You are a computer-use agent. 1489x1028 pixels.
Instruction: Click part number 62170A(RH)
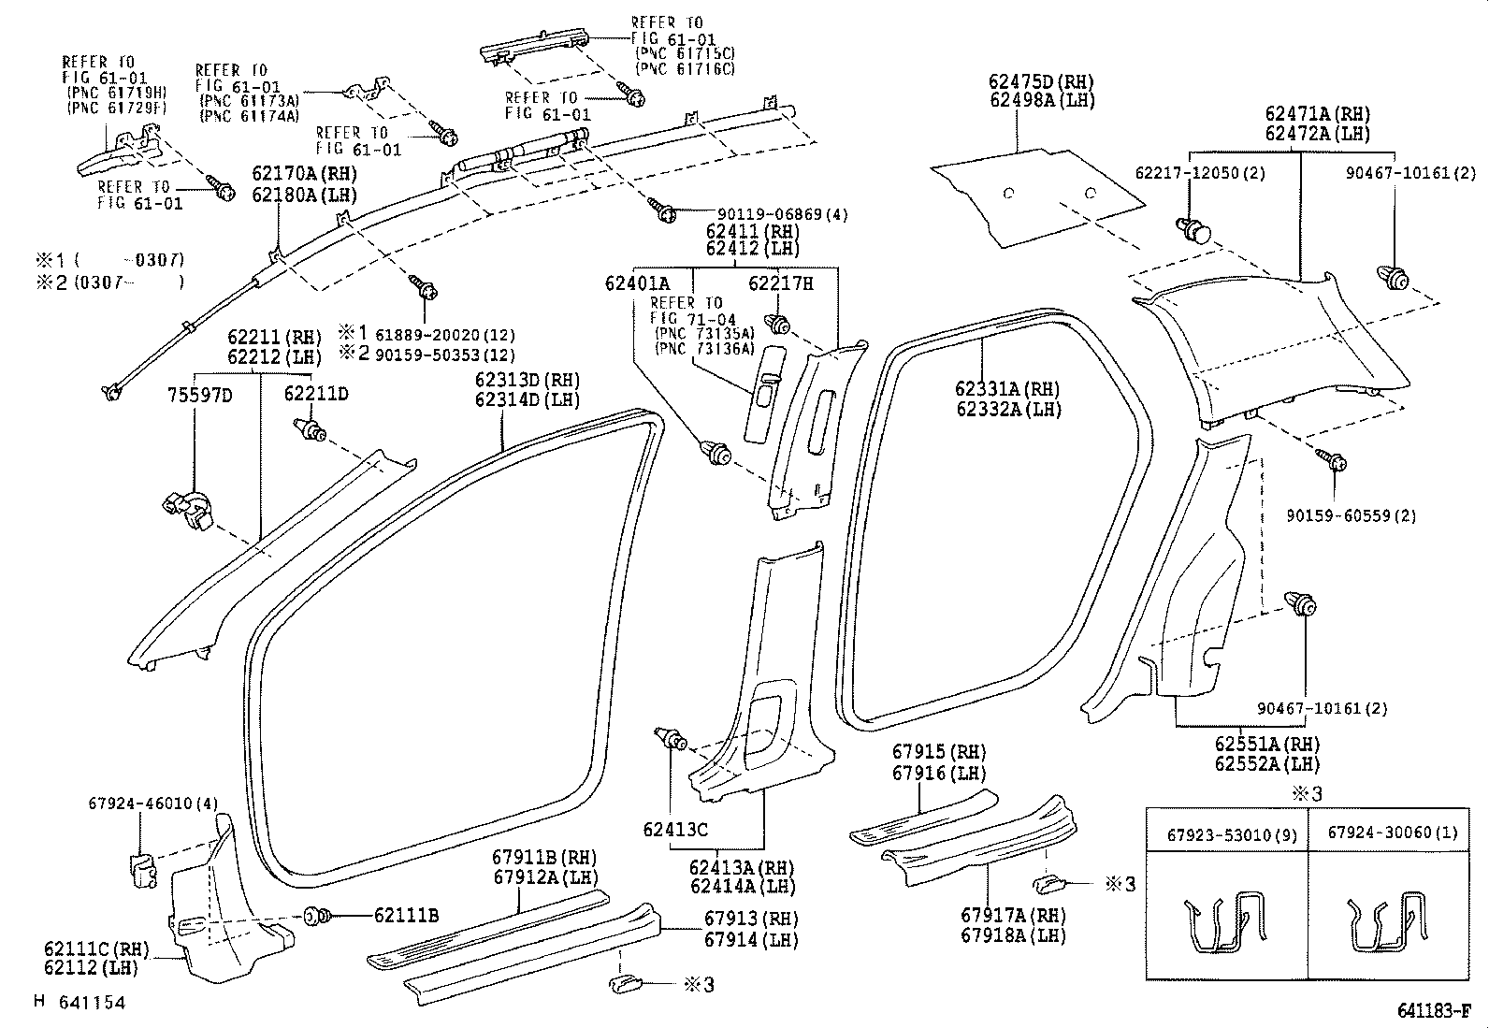click(303, 173)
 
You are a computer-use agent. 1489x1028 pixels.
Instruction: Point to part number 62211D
click(316, 395)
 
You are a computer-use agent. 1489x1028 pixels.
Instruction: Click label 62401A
click(637, 282)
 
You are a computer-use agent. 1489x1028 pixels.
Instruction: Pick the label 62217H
click(780, 282)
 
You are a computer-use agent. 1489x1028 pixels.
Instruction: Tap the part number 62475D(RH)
click(1040, 82)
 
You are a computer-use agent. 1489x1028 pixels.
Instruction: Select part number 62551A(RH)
click(1266, 744)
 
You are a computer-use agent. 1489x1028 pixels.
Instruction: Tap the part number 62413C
click(675, 828)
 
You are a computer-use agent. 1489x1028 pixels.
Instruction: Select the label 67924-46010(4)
click(140, 803)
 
